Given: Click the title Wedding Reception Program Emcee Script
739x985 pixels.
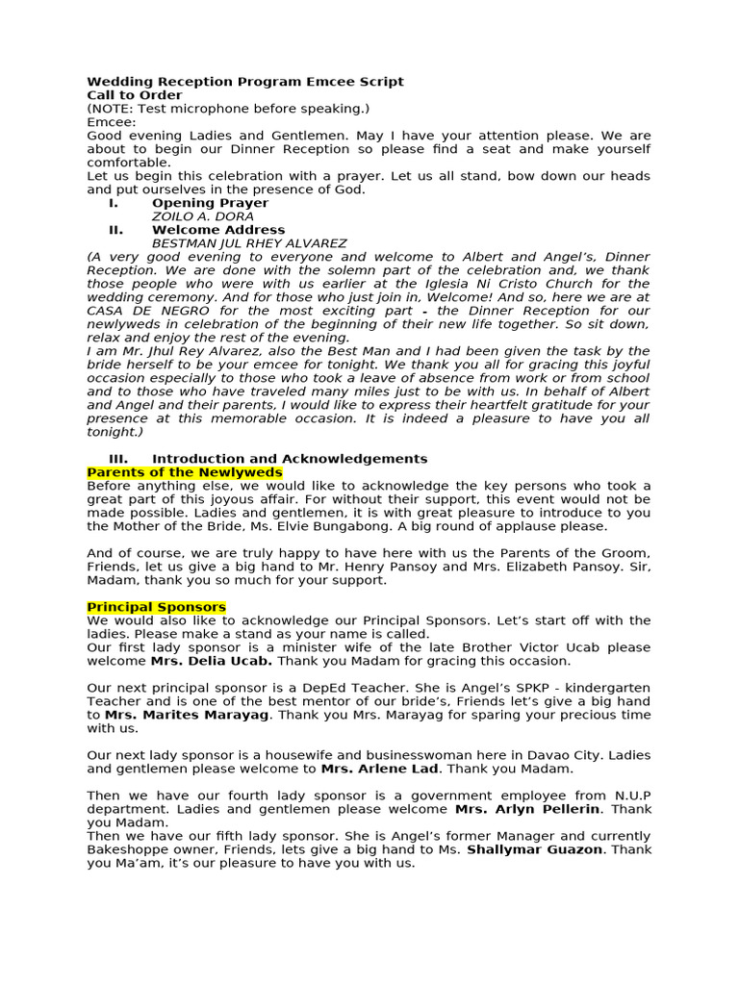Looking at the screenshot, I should click(x=245, y=82).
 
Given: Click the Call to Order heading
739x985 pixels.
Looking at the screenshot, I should click(x=134, y=95).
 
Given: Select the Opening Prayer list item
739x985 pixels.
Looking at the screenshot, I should click(x=210, y=203).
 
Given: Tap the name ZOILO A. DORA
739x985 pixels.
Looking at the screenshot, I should click(x=203, y=216).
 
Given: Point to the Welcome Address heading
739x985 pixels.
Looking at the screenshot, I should click(x=218, y=230).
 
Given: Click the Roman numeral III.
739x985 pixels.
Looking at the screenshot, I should click(x=117, y=459).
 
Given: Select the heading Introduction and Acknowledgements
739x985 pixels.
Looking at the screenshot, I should click(x=290, y=459).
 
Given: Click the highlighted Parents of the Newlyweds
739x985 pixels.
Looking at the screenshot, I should click(x=185, y=472).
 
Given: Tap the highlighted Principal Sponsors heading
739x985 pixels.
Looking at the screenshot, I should click(x=157, y=607).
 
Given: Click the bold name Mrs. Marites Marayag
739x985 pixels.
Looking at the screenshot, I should click(x=189, y=715).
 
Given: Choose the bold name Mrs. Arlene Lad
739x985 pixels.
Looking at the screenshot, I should click(x=380, y=769).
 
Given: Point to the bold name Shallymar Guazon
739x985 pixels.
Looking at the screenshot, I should click(x=537, y=849).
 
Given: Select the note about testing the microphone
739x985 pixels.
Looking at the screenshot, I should click(x=228, y=109).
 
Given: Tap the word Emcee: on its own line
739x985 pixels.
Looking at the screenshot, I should click(x=112, y=122).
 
